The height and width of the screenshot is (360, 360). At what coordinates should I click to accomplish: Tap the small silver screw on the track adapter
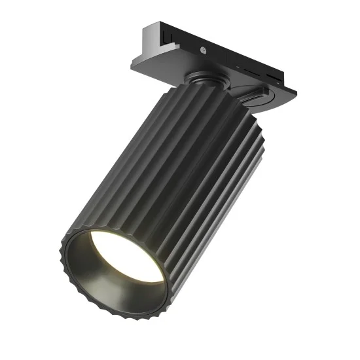click(x=204, y=50)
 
